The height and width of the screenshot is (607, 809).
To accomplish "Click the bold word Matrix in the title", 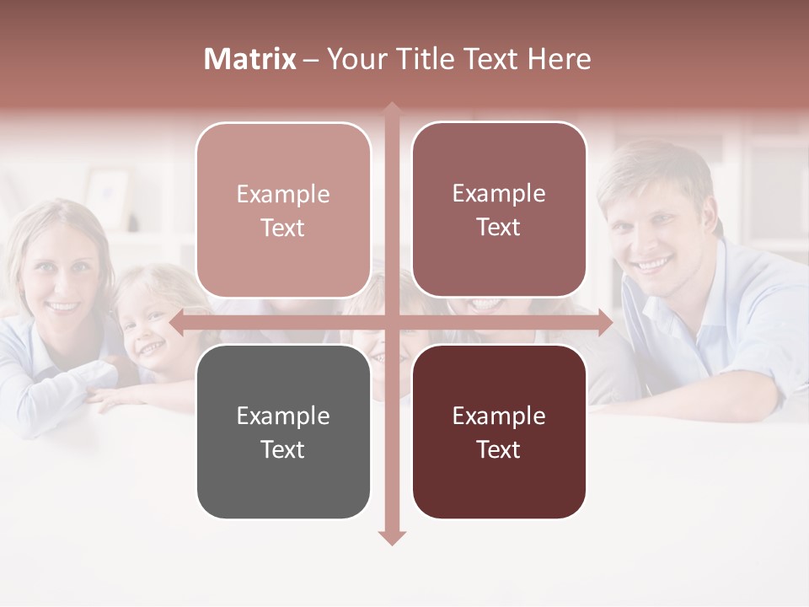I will click(250, 59).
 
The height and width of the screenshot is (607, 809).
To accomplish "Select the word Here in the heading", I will click(560, 59).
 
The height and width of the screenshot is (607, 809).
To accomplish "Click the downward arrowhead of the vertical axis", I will click(391, 538).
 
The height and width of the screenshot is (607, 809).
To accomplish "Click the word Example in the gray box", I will click(283, 416).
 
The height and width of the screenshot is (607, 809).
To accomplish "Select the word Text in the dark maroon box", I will click(499, 449).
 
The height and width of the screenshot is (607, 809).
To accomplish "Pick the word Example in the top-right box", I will click(499, 193).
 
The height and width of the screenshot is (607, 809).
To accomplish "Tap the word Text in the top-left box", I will click(283, 228).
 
